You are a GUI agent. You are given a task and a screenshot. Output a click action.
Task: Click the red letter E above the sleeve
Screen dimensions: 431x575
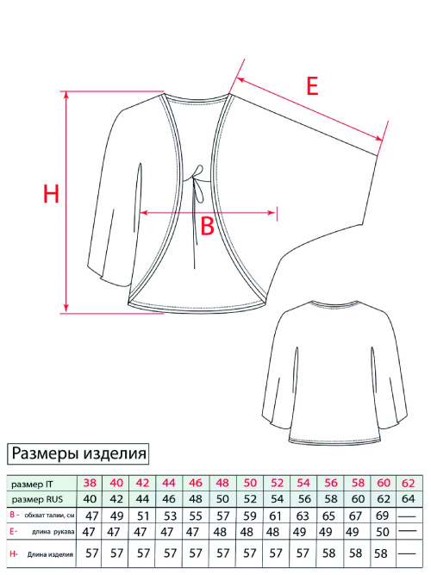pos(312,86)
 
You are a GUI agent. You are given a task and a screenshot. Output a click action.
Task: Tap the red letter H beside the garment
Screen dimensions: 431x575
pos(51,194)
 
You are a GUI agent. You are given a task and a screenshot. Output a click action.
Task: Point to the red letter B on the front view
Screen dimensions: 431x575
pos(207,226)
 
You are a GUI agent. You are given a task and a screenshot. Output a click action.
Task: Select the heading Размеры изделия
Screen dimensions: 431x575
pos(78,453)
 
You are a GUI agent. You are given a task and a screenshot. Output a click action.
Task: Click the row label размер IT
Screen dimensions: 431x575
pos(32,484)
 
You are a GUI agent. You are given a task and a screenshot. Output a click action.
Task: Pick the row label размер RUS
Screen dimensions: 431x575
pos(37,499)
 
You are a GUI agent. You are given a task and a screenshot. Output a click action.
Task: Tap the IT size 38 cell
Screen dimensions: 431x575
pos(90,483)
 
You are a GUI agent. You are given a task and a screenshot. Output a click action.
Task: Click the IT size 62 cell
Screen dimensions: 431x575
pos(408,483)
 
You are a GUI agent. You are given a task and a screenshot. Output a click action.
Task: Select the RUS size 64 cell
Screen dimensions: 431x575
pos(408,499)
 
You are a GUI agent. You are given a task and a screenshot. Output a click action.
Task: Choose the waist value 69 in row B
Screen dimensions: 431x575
pos(382,516)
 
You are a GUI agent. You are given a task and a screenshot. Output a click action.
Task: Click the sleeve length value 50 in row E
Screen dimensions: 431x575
pos(382,531)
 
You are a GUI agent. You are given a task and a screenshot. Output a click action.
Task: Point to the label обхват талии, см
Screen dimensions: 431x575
pos(49,516)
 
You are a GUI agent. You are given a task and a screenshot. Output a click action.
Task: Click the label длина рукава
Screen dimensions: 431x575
pos(53,532)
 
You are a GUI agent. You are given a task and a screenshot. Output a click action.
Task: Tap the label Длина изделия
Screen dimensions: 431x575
pos(50,554)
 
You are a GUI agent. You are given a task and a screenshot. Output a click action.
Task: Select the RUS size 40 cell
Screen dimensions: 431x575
pos(90,499)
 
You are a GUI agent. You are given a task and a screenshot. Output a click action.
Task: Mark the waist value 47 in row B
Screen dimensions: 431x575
pos(91,516)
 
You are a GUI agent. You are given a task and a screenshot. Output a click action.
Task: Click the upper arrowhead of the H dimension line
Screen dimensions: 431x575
pos(66,95)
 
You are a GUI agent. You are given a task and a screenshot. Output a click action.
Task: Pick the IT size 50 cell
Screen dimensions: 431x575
pos(250,483)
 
